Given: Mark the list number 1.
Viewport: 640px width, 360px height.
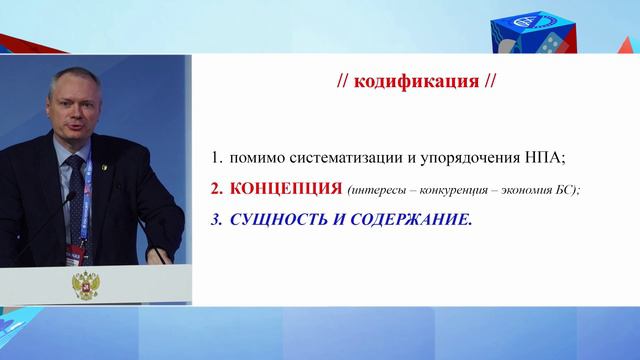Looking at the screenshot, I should point(214,157).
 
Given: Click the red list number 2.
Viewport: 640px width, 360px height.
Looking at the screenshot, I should point(214,188).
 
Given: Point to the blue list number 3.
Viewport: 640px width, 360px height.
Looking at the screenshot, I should point(214,218).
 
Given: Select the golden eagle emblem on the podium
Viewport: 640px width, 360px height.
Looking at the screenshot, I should point(81,286).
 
